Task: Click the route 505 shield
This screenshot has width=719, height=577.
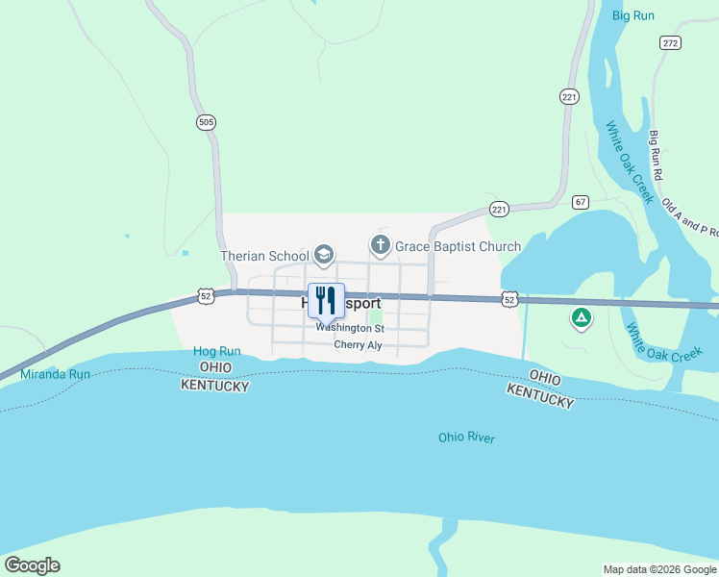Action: (206, 122)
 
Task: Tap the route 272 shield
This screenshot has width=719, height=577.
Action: (670, 43)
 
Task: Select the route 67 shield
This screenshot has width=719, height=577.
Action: (579, 202)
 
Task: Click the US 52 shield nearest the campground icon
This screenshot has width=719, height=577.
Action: (509, 300)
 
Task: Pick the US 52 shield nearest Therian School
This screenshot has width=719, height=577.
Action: (206, 296)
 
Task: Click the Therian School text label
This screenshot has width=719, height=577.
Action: (264, 256)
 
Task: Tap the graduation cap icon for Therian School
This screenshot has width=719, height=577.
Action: (324, 255)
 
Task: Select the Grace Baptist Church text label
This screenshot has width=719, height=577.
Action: (459, 246)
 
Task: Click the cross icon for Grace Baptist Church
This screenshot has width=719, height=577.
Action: (381, 245)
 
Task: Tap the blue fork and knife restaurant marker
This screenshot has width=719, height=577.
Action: (326, 299)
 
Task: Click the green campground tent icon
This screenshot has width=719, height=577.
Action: (581, 316)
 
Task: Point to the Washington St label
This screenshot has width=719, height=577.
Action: (350, 327)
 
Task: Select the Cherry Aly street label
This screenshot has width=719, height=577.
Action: (358, 345)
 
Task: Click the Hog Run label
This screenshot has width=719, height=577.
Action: (216, 352)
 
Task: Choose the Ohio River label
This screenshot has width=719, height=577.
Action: (466, 438)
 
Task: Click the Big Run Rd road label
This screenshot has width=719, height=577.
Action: (657, 156)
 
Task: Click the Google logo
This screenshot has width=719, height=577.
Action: (32, 564)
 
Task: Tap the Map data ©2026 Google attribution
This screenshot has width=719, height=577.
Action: (659, 569)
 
